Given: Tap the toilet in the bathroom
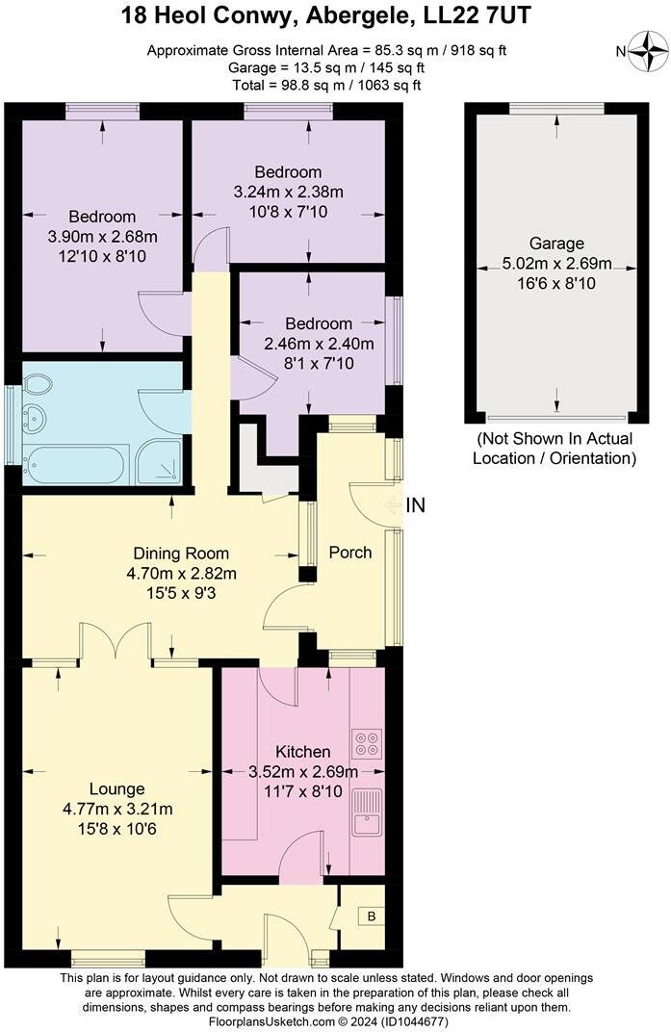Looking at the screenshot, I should [x=38, y=385].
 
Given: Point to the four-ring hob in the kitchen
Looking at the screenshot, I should [x=367, y=743].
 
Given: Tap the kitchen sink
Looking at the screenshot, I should [x=367, y=811].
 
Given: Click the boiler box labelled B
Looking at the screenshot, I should [x=371, y=916].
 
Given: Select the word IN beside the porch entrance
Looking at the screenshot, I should [x=417, y=505].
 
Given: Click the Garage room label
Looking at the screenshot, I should [x=555, y=244].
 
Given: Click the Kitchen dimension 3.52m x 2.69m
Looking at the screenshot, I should [x=303, y=771].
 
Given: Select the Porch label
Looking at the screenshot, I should [x=350, y=553].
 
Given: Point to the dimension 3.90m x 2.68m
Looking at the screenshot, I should [x=102, y=236].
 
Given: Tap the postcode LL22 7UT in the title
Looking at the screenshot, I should [x=478, y=15].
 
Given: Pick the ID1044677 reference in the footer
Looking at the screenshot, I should [x=411, y=1021].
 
